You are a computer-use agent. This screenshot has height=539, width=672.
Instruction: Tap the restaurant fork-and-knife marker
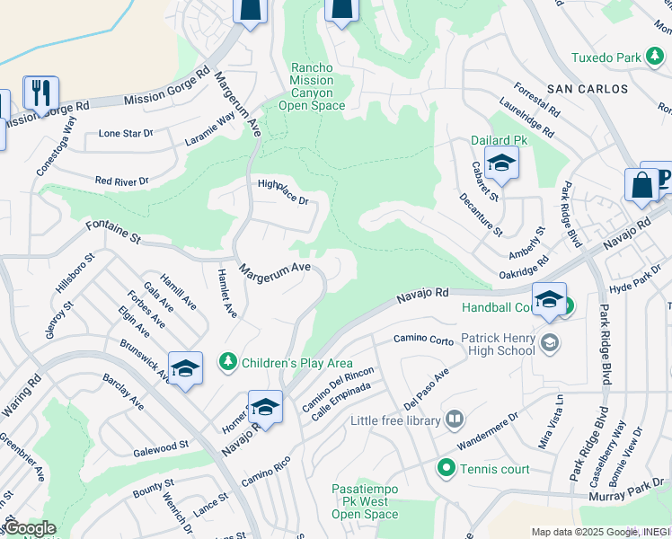(x=40, y=92)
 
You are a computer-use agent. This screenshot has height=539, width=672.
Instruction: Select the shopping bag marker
(x=641, y=185)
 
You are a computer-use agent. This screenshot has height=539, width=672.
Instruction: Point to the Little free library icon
(x=455, y=420)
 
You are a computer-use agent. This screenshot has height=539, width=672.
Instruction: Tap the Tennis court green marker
(x=446, y=468)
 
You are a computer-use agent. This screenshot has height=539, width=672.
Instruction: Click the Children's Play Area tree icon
(x=228, y=362)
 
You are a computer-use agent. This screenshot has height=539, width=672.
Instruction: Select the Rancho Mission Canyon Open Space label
(x=312, y=87)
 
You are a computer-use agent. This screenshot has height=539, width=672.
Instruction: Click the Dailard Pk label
(x=500, y=140)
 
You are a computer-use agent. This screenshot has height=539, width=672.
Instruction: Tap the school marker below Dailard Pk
(x=500, y=164)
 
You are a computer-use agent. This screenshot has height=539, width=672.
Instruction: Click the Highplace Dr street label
(x=283, y=191)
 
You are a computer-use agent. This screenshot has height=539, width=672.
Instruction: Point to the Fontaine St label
(x=114, y=231)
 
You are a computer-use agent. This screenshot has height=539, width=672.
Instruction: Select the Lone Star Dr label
(x=126, y=133)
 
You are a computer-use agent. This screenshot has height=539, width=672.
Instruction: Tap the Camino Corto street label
(x=423, y=340)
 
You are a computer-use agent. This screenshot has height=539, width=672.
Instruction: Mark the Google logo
(x=29, y=528)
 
